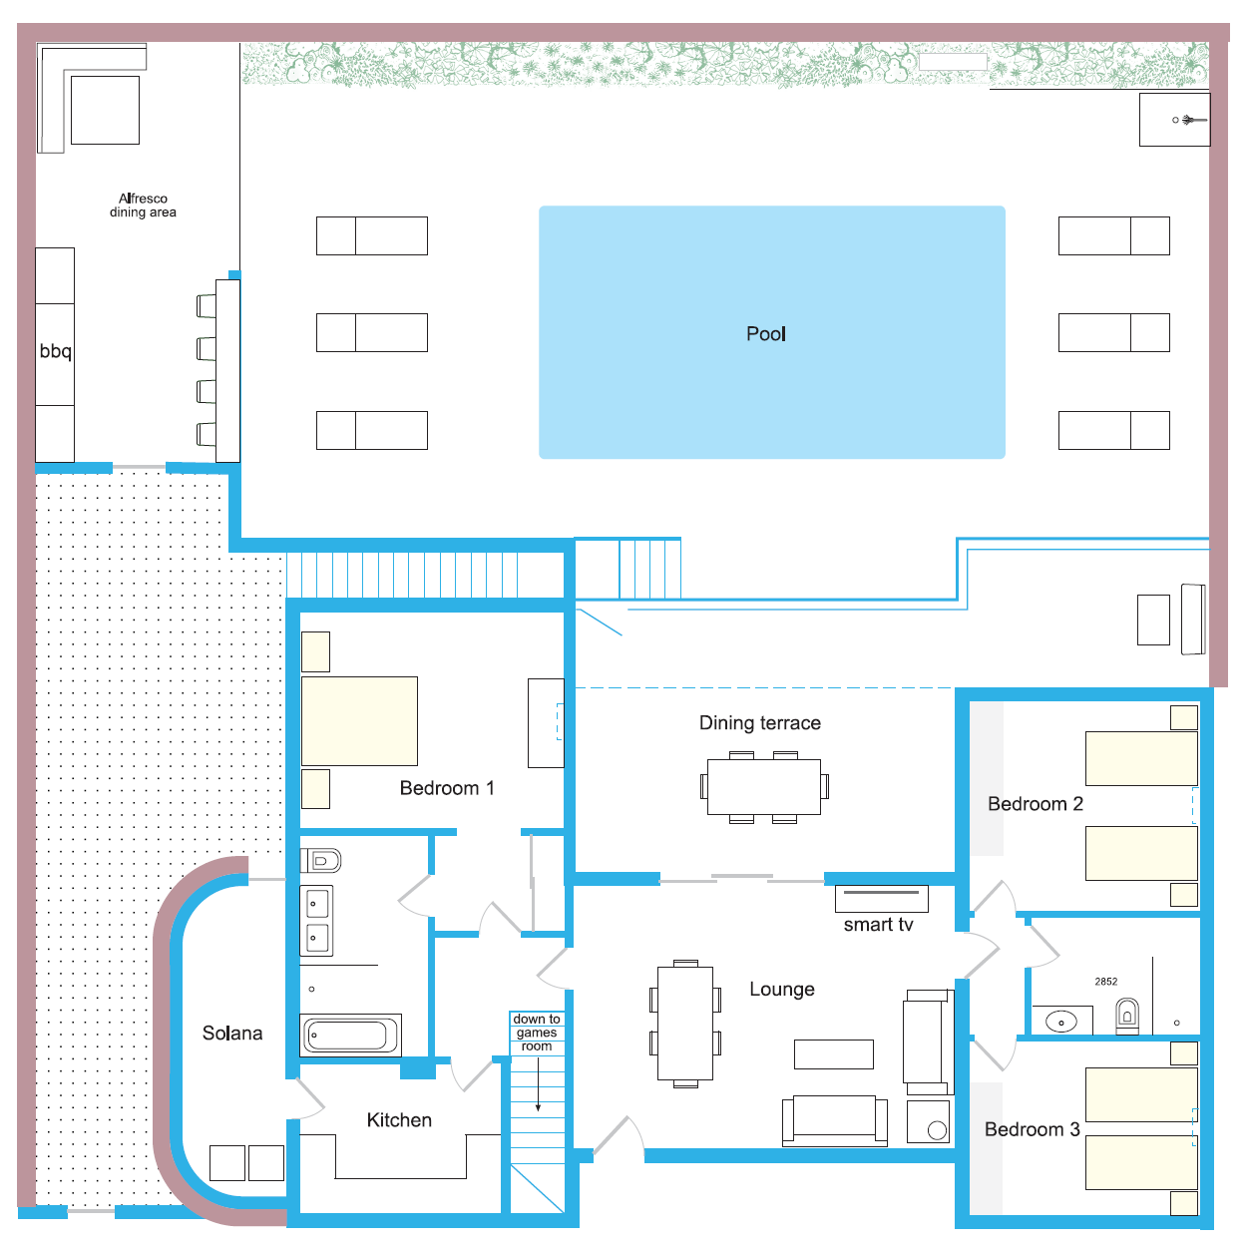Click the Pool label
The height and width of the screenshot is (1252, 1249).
(x=765, y=334)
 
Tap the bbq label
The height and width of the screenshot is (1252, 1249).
(x=55, y=351)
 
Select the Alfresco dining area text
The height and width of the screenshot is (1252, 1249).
(x=143, y=206)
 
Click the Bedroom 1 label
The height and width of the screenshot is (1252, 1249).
(x=447, y=788)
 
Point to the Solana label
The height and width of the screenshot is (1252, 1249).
(x=232, y=1034)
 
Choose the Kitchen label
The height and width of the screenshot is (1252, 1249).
(x=399, y=1120)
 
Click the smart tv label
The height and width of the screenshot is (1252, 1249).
(x=878, y=925)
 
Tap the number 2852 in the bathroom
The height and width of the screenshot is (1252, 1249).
(x=1105, y=982)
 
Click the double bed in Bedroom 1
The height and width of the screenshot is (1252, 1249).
(x=359, y=721)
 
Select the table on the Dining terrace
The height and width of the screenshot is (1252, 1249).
(x=763, y=787)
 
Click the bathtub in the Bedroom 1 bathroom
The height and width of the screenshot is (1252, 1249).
(x=350, y=1035)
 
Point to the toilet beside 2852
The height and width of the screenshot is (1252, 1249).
(x=1127, y=1017)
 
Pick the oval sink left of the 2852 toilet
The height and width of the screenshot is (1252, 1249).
(x=1060, y=1022)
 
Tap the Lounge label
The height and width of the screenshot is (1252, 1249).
(x=782, y=989)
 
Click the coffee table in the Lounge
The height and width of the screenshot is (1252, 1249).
(x=834, y=1054)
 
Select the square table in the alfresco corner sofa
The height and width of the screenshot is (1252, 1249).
(x=106, y=110)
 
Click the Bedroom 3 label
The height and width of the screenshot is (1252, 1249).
(x=1032, y=1129)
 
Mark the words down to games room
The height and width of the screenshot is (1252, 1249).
(x=536, y=1033)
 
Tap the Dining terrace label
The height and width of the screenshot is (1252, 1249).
(x=759, y=723)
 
